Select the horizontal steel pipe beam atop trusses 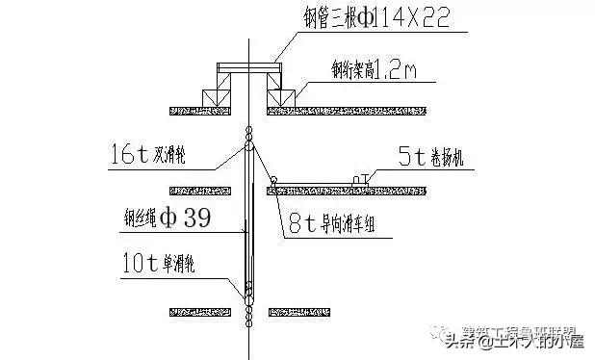248,67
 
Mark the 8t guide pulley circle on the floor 273,179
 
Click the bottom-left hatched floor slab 200,311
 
